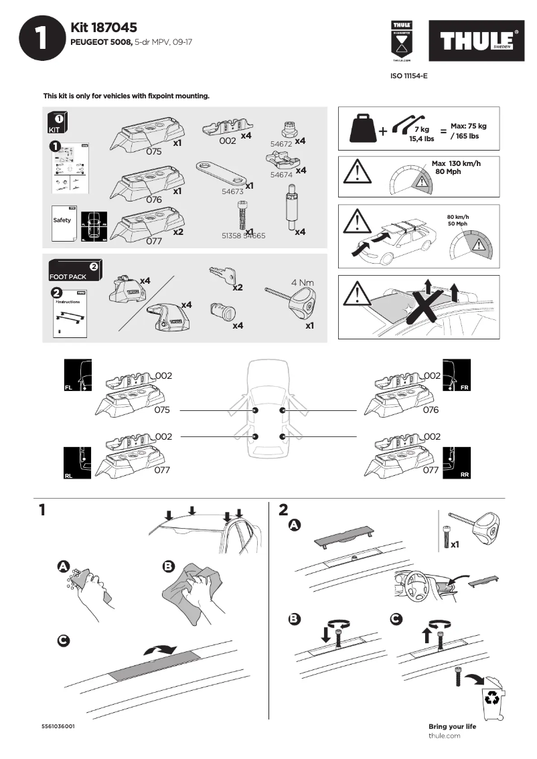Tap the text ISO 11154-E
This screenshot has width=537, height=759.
408,76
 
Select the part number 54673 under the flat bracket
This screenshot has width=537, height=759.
232,191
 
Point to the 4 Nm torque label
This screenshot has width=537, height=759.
303,282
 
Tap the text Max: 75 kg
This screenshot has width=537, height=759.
468,126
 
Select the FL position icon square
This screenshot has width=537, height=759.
77,376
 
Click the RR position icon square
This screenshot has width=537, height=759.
457,464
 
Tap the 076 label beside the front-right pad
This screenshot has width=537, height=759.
431,410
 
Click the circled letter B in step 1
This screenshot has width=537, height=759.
169,567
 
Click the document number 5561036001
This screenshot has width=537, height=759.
58,726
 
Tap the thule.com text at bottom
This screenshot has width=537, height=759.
444,736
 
